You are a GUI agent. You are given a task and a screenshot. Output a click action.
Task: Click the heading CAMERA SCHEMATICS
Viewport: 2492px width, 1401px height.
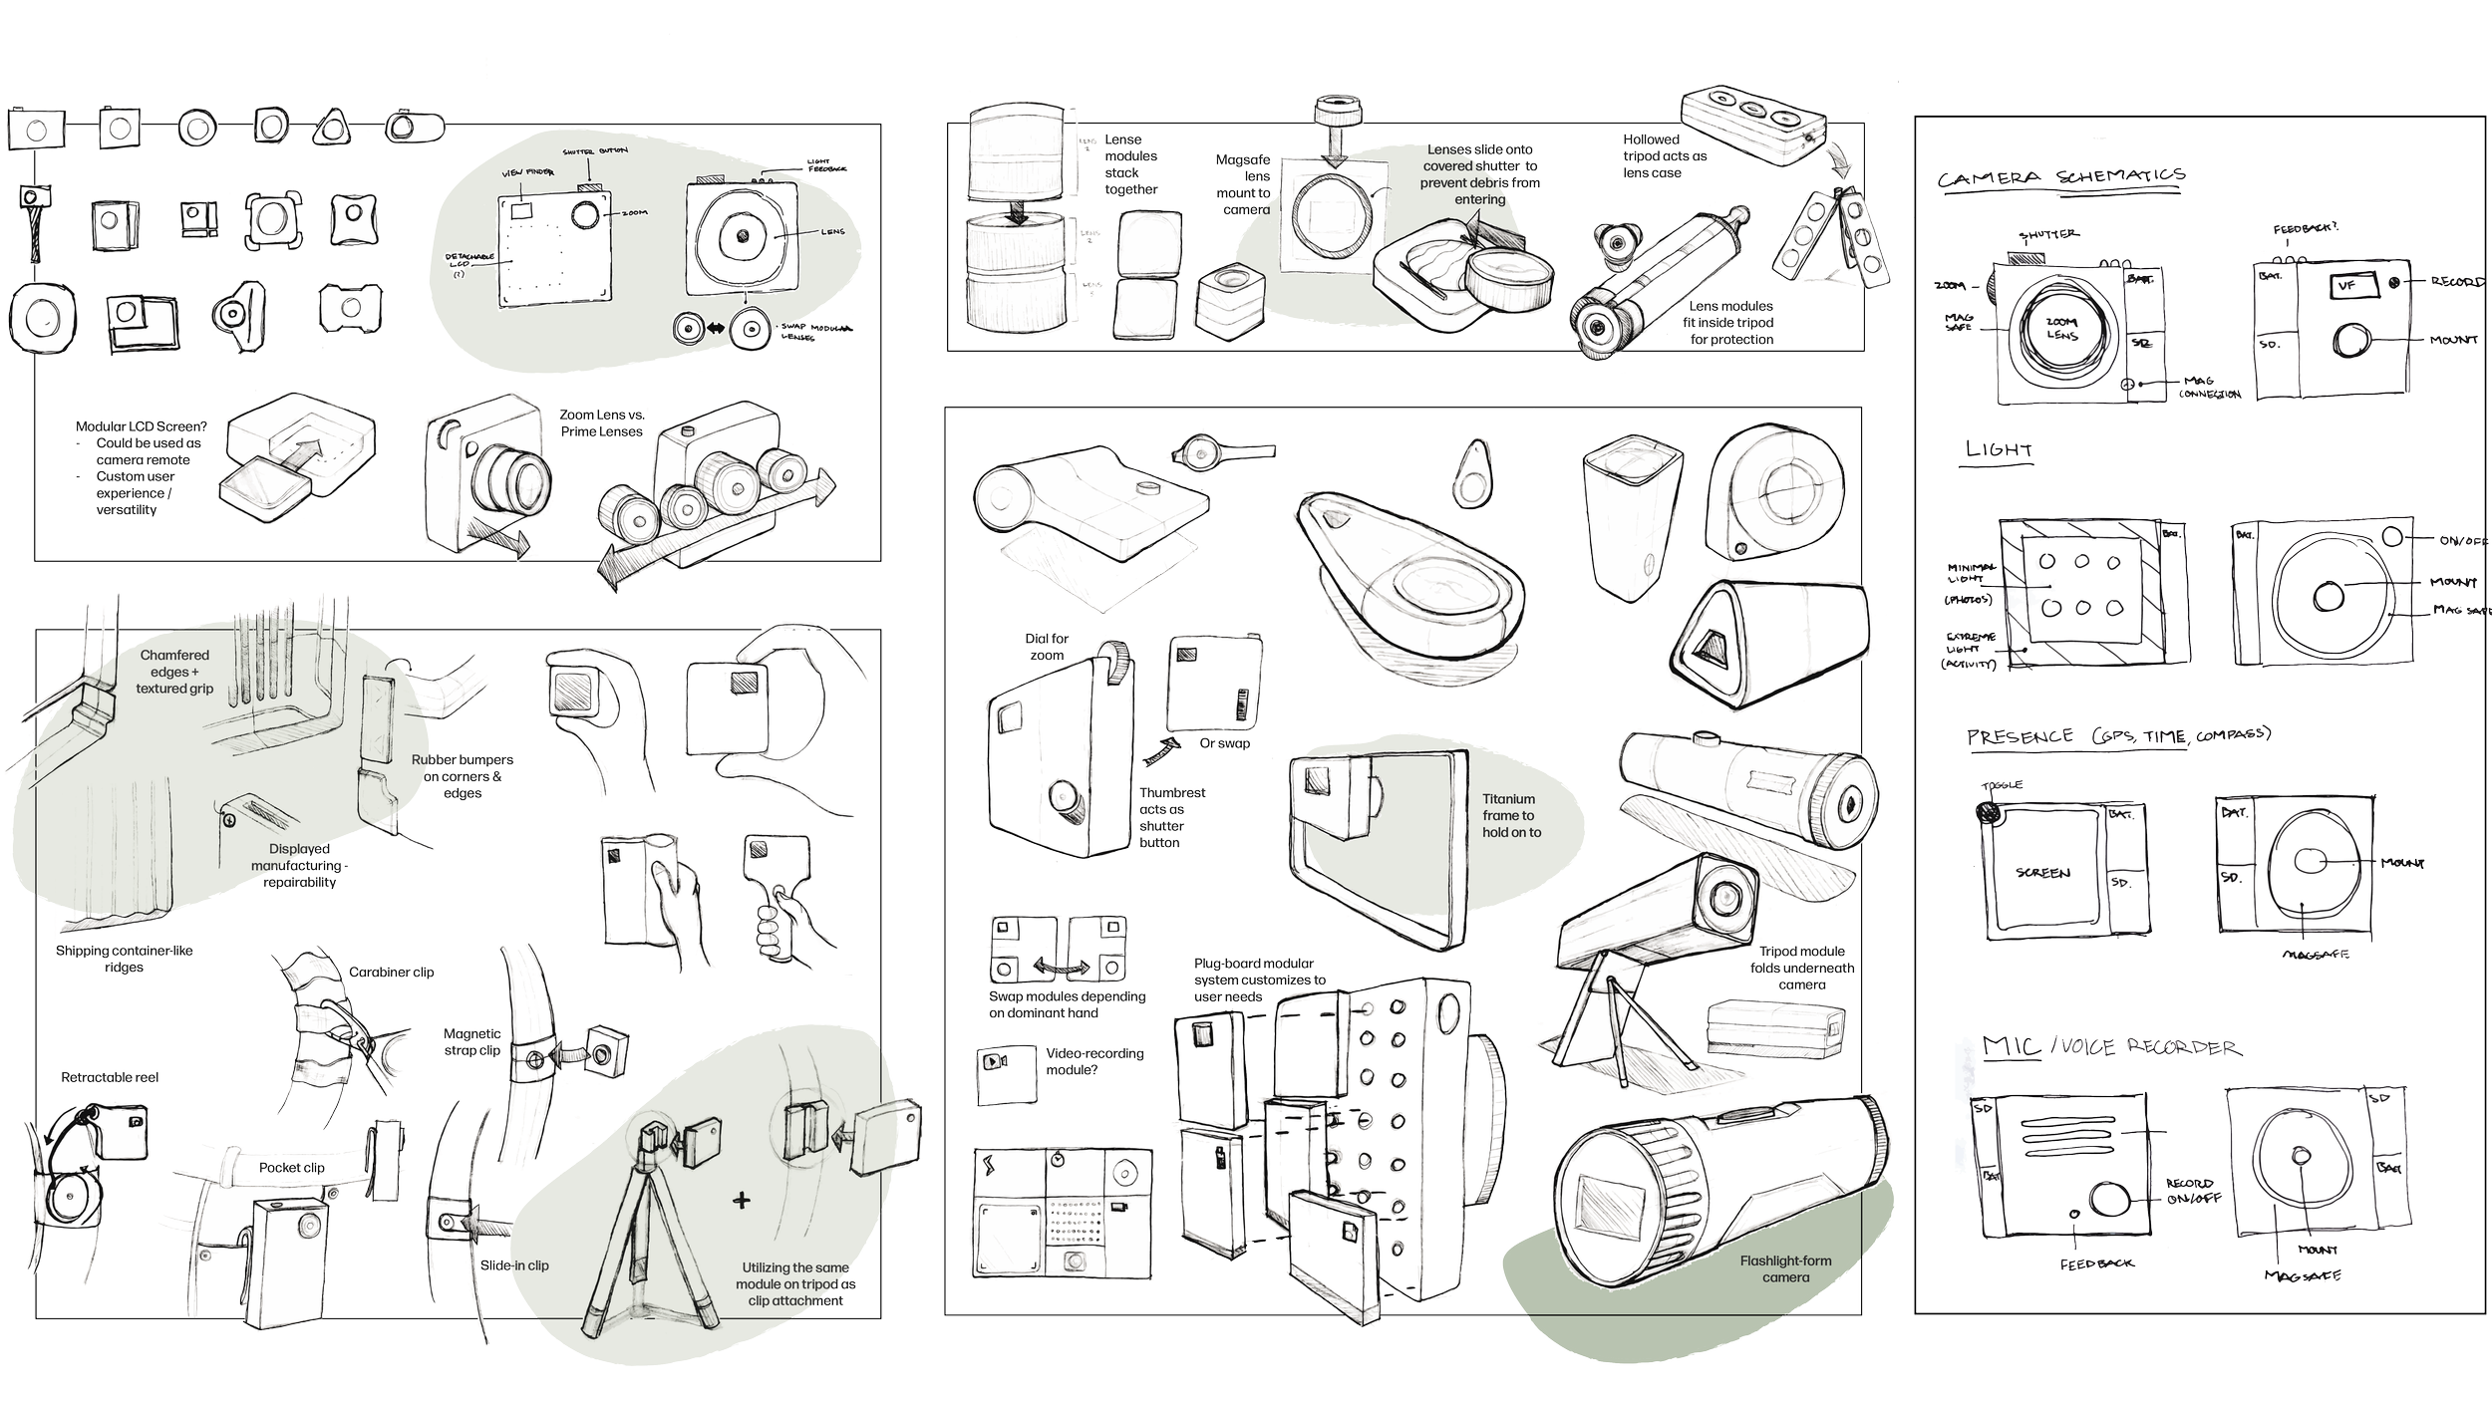pyautogui.click(x=2061, y=177)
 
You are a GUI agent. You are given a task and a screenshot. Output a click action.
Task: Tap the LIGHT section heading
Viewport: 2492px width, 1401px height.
pyautogui.click(x=1999, y=450)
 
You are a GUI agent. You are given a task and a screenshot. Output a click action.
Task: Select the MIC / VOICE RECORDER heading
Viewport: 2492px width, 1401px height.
pyautogui.click(x=2109, y=1047)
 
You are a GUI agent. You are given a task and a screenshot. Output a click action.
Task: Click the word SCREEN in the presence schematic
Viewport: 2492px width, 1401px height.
pyautogui.click(x=2042, y=873)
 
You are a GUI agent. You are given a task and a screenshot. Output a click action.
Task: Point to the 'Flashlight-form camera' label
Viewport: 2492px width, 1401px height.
pyautogui.click(x=1785, y=1268)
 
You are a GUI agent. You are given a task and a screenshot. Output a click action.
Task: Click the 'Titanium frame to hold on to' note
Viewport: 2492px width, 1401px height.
pyautogui.click(x=1510, y=815)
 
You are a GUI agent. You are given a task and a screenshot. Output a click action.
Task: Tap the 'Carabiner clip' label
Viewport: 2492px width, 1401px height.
pyautogui.click(x=391, y=972)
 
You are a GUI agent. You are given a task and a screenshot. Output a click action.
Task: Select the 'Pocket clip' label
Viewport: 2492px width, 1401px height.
pyautogui.click(x=292, y=1168)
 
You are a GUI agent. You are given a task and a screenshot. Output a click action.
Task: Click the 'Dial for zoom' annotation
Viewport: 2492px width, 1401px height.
pyautogui.click(x=1047, y=647)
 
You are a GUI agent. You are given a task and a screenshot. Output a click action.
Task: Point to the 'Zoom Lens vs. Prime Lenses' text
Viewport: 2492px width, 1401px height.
pyautogui.click(x=601, y=423)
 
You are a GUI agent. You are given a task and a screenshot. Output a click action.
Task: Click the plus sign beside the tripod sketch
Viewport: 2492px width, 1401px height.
pyautogui.click(x=741, y=1200)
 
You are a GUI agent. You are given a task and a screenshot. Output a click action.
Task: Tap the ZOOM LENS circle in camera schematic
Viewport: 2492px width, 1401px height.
pyautogui.click(x=2061, y=330)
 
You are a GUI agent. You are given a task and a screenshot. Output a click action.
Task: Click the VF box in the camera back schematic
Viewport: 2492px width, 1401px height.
pyautogui.click(x=2346, y=286)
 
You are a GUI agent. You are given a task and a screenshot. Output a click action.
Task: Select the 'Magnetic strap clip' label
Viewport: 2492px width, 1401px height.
pyautogui.click(x=472, y=1042)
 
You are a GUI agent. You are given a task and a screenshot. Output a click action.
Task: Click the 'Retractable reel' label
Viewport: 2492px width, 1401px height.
pyautogui.click(x=109, y=1078)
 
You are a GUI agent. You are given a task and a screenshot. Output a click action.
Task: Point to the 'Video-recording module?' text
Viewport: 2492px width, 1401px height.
pyautogui.click(x=1094, y=1061)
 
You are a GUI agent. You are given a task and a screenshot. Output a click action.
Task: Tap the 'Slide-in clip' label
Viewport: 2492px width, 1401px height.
pyautogui.click(x=514, y=1265)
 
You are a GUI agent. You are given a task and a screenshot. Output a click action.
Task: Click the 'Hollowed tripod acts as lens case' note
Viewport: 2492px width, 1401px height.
pyautogui.click(x=1665, y=156)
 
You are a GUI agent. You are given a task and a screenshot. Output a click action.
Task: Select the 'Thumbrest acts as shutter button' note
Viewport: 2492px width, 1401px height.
pyautogui.click(x=1172, y=817)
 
